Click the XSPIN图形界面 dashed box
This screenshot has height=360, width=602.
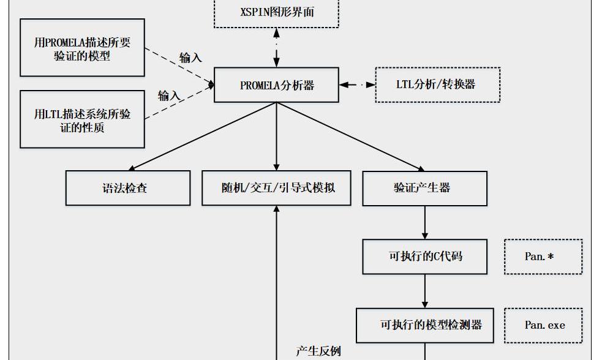point(276,12)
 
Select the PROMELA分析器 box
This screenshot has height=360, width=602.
point(276,85)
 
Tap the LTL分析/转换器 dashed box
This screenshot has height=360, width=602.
point(437,84)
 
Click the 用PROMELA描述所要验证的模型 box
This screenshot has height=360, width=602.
point(82,48)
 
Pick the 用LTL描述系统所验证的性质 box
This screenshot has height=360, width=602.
point(82,119)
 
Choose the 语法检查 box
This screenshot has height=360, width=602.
point(128,188)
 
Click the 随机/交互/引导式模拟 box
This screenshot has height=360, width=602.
point(277,188)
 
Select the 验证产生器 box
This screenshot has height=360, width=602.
point(424,188)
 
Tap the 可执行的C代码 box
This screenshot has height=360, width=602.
point(424,257)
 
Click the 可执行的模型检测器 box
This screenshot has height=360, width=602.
point(424,325)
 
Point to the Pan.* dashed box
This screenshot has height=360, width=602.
point(543,257)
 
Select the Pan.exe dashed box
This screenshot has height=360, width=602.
point(543,325)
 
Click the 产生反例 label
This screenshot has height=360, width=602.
point(318,351)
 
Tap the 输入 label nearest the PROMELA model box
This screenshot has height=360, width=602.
point(190,58)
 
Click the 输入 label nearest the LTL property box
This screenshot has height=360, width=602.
point(169,96)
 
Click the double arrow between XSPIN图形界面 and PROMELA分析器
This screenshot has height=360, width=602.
point(276,48)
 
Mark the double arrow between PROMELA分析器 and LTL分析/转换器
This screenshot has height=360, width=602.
point(357,84)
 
